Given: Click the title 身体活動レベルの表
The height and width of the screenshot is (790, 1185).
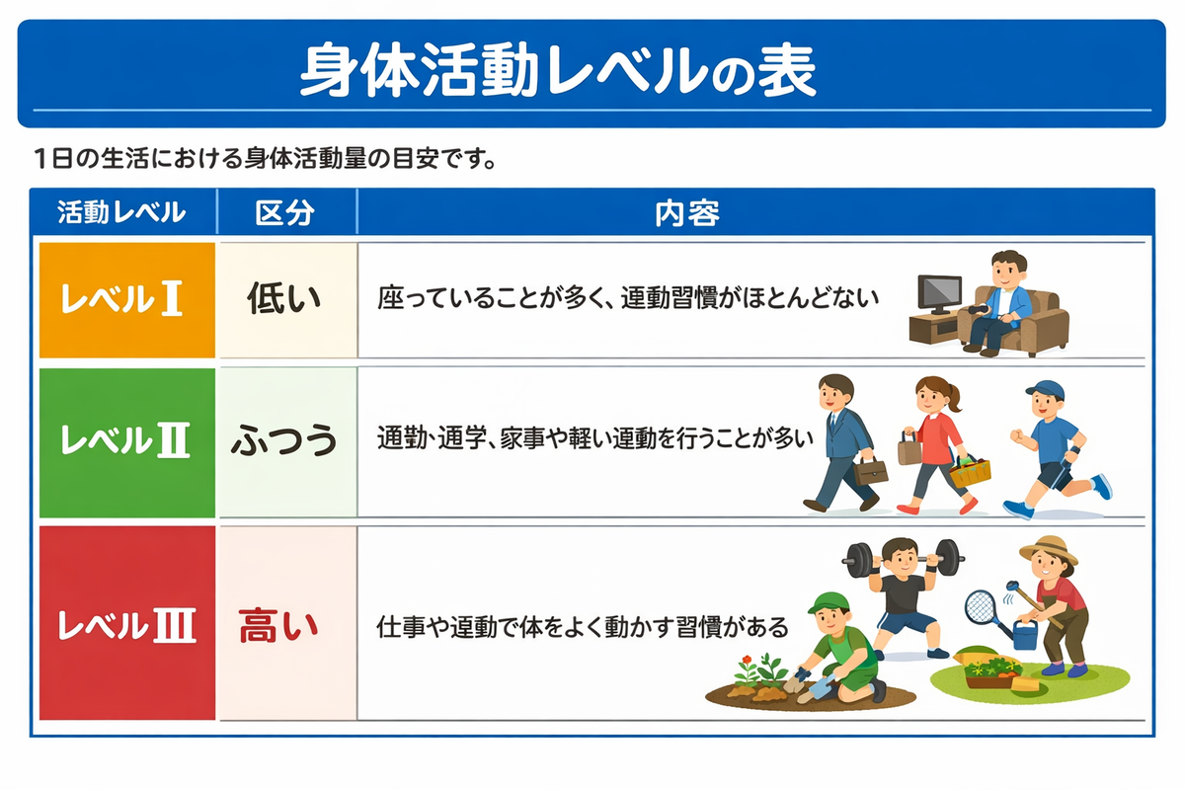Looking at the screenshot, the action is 558,71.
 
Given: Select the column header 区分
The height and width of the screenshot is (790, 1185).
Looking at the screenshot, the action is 285,213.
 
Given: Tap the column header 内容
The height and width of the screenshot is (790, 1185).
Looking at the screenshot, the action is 687,213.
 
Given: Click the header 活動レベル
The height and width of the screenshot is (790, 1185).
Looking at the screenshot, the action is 121,212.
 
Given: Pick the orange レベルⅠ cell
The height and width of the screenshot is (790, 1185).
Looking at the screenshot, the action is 127,300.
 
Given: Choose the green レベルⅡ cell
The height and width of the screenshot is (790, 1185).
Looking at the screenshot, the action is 127,442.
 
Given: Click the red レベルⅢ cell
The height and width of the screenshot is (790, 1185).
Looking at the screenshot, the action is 127,623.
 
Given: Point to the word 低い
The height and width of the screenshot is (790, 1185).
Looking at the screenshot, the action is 284,299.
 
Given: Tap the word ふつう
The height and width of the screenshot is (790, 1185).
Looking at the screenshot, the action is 284,440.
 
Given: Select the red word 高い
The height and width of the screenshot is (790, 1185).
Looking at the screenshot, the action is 278,625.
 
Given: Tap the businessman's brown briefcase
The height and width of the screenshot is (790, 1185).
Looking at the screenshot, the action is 870,471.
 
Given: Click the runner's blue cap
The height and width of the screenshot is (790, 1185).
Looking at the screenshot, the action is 1046,390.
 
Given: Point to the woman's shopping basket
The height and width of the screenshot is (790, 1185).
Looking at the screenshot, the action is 970,472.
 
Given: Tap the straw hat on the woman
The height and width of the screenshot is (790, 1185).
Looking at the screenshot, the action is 1049,549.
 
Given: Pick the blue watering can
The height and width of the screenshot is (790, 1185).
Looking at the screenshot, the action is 1025,635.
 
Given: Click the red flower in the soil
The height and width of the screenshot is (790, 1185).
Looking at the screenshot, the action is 747,661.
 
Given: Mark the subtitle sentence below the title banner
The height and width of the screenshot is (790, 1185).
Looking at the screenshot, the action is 265,158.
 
